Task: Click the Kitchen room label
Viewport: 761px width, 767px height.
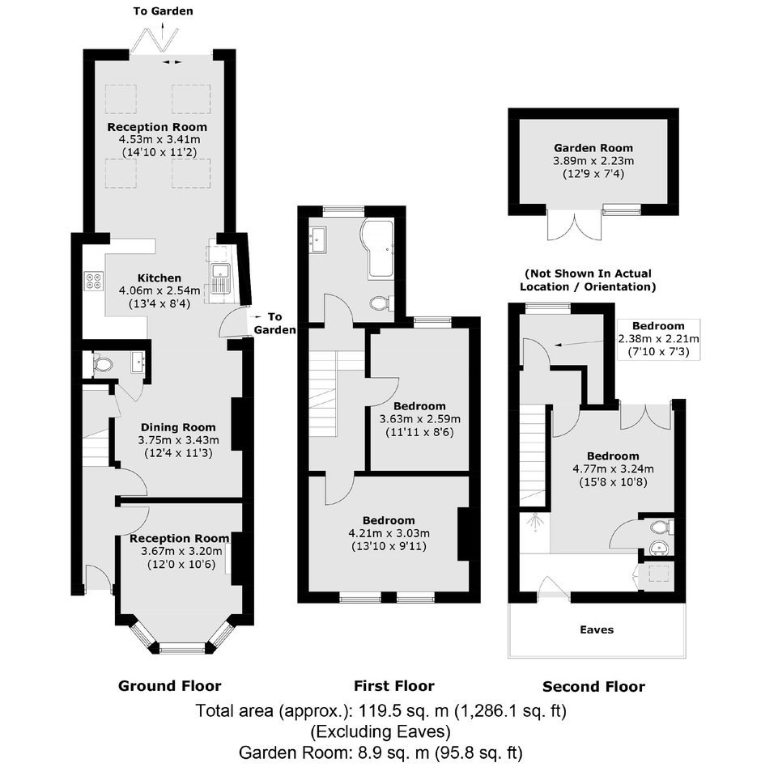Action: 159,278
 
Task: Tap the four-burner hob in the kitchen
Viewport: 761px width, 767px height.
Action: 94,281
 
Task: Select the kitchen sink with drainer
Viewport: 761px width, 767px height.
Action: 221,278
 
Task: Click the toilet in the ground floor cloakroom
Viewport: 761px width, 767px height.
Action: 102,364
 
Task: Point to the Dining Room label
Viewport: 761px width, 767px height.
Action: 178,427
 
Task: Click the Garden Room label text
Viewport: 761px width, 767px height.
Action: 593,148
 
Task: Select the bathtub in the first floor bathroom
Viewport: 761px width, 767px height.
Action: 377,248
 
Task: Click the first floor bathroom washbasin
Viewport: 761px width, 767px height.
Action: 318,239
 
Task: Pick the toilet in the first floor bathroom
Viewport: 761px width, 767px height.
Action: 380,303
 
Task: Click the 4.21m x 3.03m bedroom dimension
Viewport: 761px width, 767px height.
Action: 389,533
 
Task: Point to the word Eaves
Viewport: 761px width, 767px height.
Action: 597,629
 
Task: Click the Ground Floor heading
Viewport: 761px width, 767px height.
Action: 170,686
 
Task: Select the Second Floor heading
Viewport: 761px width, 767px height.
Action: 593,687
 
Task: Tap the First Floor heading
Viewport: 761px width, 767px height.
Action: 394,686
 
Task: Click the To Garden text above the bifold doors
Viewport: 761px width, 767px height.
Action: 163,11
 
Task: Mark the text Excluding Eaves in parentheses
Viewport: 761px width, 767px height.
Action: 380,731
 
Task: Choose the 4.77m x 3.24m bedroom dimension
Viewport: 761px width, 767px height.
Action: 613,468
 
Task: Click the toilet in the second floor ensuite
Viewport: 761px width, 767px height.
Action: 660,528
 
